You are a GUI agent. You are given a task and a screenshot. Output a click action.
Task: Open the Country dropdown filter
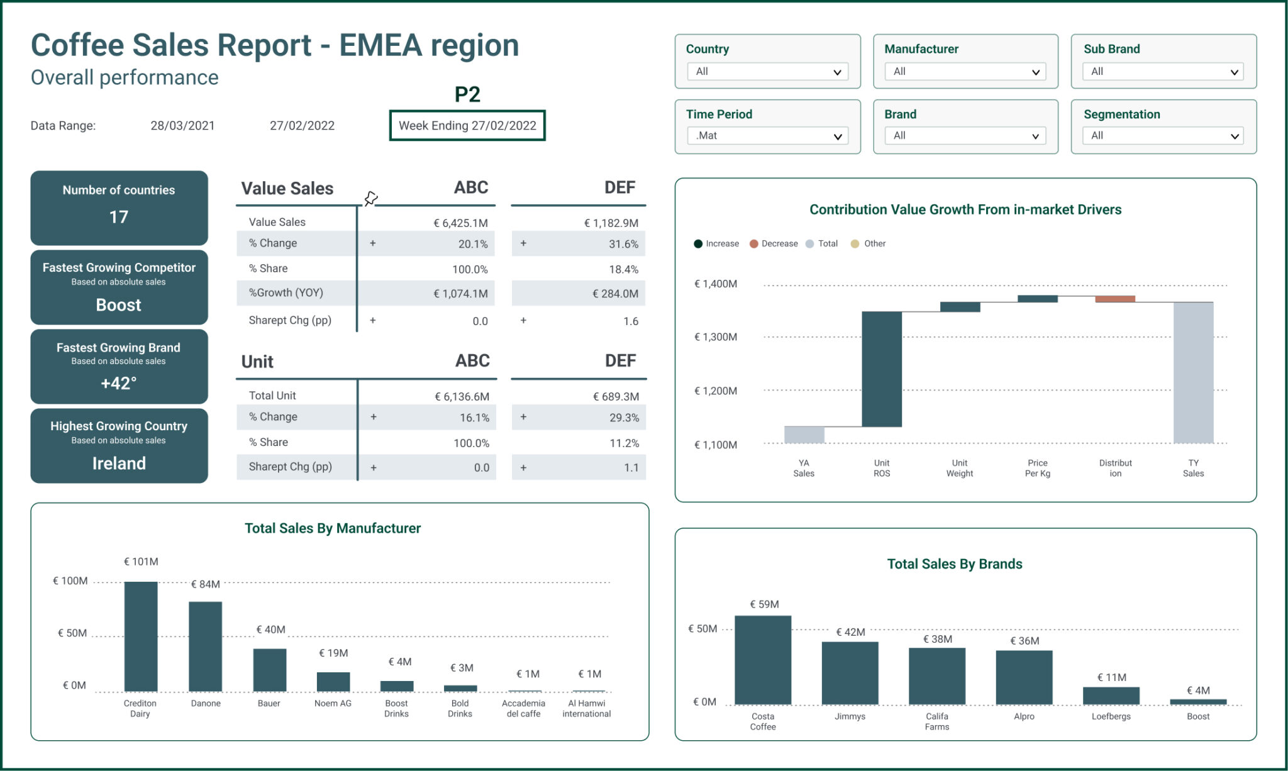click(767, 72)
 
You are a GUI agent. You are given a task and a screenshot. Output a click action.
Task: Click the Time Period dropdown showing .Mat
click(767, 136)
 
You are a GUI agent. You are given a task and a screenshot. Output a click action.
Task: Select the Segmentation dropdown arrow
click(1234, 136)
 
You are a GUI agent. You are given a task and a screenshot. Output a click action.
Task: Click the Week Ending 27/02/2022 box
click(467, 126)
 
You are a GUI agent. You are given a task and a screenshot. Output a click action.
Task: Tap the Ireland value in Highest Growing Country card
click(119, 463)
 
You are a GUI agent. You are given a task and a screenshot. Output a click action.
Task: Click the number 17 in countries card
click(119, 217)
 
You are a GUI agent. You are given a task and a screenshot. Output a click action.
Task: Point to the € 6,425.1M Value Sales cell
click(460, 223)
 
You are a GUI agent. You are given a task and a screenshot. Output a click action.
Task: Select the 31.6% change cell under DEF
click(623, 244)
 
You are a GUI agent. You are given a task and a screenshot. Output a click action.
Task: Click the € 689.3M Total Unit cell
click(616, 397)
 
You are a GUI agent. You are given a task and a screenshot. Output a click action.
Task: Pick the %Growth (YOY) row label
click(286, 293)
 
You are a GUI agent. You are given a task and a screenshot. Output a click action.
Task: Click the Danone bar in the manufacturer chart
click(206, 646)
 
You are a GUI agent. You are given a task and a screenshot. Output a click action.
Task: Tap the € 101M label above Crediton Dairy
click(141, 562)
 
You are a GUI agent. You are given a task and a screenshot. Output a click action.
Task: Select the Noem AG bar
click(333, 682)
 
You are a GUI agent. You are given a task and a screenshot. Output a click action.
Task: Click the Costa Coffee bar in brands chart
click(763, 660)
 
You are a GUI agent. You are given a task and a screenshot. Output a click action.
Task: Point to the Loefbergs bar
click(1111, 696)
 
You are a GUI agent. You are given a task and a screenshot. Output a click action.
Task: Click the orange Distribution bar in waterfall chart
click(1115, 299)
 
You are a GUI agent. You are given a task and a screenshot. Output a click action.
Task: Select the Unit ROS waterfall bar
click(882, 369)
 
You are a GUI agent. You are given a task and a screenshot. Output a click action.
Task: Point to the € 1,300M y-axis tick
click(716, 337)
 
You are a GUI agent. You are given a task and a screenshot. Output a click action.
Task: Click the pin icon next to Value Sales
click(371, 199)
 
